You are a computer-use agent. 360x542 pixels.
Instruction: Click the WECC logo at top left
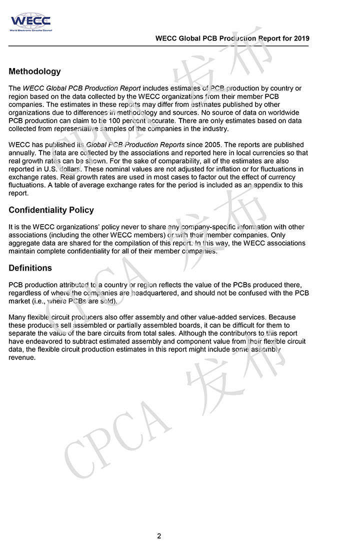coord(30,22)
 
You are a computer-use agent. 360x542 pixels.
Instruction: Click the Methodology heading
coord(34,71)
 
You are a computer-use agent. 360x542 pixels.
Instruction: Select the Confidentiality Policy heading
coord(51,210)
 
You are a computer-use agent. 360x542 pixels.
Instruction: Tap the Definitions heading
coord(30,268)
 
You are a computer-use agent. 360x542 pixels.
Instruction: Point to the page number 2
coord(159,536)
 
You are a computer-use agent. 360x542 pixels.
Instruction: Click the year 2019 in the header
coord(301,38)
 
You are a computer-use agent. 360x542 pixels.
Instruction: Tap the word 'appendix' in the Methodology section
coord(269,185)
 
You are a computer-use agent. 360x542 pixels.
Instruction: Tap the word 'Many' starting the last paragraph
coord(17,317)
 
